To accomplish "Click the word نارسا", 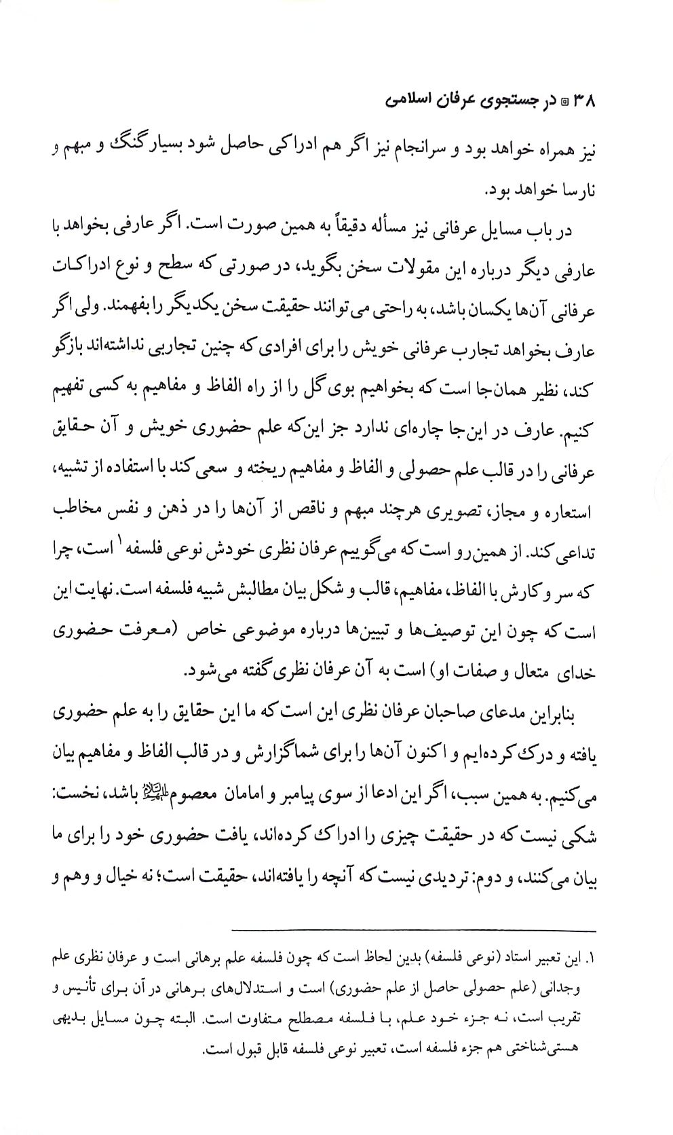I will click(x=574, y=191).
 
